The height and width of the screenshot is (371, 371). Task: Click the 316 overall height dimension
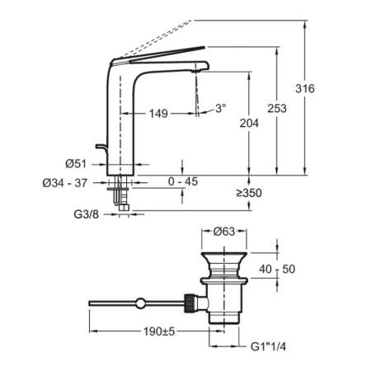pyautogui.click(x=305, y=89)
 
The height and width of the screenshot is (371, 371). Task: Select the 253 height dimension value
pyautogui.click(x=277, y=108)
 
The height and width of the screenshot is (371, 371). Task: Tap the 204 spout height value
pyautogui.click(x=249, y=123)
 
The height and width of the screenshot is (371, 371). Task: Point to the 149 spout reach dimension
pyautogui.click(x=158, y=113)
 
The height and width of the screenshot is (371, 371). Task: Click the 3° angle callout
pyautogui.click(x=221, y=108)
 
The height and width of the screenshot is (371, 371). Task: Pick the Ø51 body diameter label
pyautogui.click(x=76, y=164)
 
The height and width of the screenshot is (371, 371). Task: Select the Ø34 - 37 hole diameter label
pyautogui.click(x=65, y=183)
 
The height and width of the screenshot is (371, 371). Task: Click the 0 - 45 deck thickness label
pyautogui.click(x=183, y=181)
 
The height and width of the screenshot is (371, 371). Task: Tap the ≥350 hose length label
pyautogui.click(x=249, y=193)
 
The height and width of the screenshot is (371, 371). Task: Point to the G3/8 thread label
pyautogui.click(x=86, y=214)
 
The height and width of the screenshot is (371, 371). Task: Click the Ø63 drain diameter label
pyautogui.click(x=224, y=232)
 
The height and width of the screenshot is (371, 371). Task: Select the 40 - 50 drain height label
pyautogui.click(x=277, y=269)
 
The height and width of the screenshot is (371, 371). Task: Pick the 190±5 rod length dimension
pyautogui.click(x=159, y=331)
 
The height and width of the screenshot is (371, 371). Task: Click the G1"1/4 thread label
pyautogui.click(x=268, y=346)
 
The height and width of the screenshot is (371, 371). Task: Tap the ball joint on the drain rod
pyautogui.click(x=140, y=303)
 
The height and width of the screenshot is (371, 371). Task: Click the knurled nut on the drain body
pyautogui.click(x=189, y=303)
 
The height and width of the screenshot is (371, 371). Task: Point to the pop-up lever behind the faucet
pyautogui.click(x=101, y=147)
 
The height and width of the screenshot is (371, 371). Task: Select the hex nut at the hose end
pyautogui.click(x=124, y=208)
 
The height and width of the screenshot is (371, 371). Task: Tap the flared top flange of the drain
pyautogui.click(x=224, y=255)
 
